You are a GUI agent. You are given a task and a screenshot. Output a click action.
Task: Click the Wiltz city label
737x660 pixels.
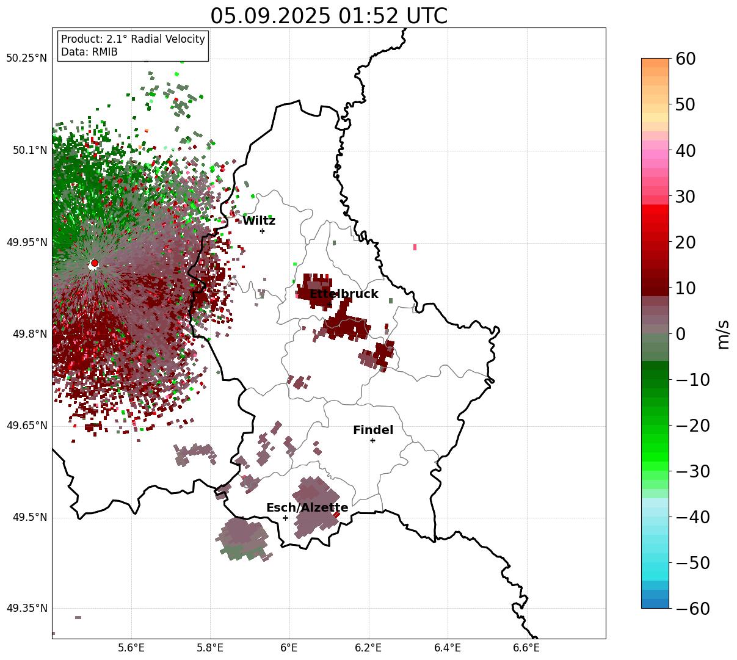259,221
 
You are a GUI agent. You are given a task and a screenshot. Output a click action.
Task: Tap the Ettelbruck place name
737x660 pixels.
344,294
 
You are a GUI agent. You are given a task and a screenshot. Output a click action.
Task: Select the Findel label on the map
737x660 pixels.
373,430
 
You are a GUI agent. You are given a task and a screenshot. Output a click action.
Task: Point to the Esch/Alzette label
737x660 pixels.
307,508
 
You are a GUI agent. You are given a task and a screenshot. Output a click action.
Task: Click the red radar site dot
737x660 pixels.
94,263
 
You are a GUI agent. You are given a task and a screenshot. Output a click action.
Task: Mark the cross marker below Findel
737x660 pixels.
372,440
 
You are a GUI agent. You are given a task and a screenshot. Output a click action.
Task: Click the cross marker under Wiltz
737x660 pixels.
262,231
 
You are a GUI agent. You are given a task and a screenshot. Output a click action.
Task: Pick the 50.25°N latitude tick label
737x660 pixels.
26,59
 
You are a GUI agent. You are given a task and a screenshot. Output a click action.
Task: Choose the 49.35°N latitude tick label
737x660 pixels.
26,608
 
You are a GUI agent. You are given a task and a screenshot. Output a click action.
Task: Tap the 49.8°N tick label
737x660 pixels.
29,334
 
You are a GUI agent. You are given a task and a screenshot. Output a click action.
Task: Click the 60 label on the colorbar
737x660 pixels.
686,59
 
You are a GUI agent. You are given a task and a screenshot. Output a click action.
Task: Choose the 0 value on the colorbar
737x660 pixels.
680,334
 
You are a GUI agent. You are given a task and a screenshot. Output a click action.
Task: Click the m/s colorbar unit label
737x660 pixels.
723,334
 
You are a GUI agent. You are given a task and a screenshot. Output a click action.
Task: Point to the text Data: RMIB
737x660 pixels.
89,52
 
